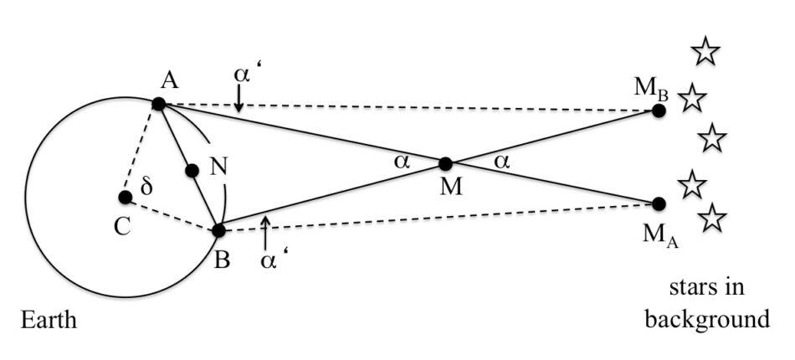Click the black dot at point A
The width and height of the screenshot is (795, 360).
click(158, 104)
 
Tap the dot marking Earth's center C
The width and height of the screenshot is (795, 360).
click(125, 198)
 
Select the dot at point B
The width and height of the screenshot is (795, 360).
click(218, 229)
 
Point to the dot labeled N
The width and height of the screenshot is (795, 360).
click(192, 170)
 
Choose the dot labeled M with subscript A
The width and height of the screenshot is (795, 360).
click(659, 203)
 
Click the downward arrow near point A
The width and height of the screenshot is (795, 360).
click(239, 100)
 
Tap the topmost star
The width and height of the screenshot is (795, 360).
click(705, 52)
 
